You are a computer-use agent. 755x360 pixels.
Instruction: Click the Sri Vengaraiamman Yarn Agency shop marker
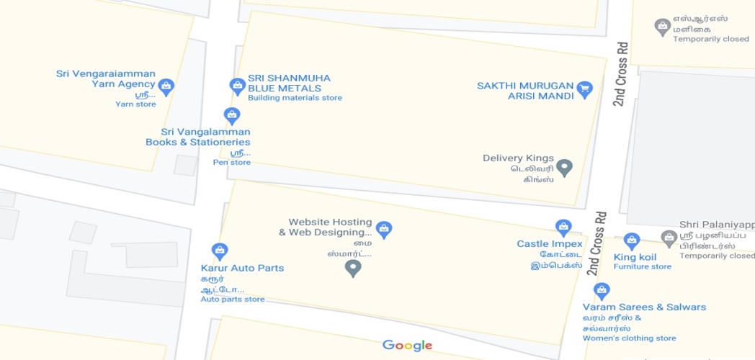(x=166, y=87)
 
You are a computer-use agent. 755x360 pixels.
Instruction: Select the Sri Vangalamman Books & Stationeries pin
(x=231, y=115)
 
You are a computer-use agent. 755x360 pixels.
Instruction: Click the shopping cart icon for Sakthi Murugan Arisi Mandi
(x=584, y=89)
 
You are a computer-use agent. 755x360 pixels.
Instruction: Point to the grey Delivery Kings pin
(x=565, y=168)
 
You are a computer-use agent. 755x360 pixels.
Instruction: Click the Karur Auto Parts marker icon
(x=220, y=251)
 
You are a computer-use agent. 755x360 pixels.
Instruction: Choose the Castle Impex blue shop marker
(x=563, y=228)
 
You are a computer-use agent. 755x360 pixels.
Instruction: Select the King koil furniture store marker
(x=631, y=241)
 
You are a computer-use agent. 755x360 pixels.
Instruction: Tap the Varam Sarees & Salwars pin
(x=602, y=291)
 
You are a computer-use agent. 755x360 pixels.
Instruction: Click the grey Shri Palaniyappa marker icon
(x=669, y=238)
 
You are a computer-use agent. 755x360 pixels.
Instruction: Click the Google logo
(x=407, y=346)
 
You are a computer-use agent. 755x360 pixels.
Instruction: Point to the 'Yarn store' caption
(x=135, y=104)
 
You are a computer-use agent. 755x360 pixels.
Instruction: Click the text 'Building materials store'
(x=295, y=98)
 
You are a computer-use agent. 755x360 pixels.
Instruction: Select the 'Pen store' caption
(x=232, y=163)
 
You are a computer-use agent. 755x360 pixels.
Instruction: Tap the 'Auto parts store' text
(x=233, y=300)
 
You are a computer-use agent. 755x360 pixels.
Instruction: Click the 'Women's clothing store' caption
(x=630, y=338)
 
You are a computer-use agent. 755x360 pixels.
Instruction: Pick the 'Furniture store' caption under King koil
(x=643, y=267)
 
